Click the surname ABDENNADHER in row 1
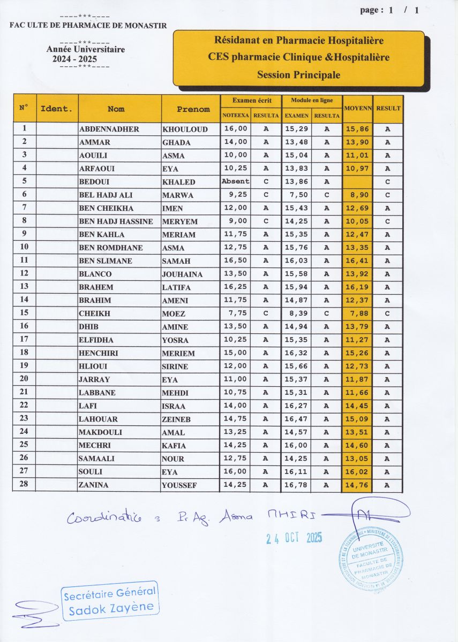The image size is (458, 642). point(109,129)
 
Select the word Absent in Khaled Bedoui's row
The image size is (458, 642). point(235,181)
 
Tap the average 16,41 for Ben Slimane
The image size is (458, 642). point(357,261)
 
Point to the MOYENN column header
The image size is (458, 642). point(357,109)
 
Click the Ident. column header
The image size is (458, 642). point(56,109)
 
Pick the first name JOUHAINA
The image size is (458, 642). point(182,274)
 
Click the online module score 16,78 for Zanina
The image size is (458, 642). point(296,485)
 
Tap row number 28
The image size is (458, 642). point(24,485)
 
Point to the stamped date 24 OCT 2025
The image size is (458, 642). point(294,538)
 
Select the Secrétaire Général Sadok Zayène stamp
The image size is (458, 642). point(110,601)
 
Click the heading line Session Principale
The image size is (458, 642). point(298,75)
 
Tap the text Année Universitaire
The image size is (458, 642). point(86,50)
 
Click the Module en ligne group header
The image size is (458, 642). point(312,101)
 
